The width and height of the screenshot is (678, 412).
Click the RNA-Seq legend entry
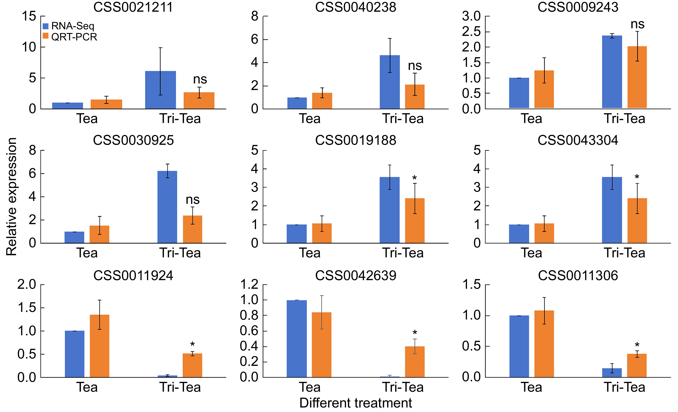pyautogui.click(x=73, y=26)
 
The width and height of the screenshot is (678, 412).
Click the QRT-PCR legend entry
pyautogui.click(x=74, y=37)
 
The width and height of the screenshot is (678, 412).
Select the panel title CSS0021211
pyautogui.click(x=133, y=7)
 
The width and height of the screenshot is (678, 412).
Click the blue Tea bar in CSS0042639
pyautogui.click(x=297, y=339)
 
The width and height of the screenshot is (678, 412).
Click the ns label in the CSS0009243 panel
pyautogui.click(x=637, y=24)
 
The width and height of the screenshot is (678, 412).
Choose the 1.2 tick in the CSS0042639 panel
pyautogui.click(x=249, y=285)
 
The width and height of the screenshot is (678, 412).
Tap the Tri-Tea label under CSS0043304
pyautogui.click(x=625, y=253)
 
